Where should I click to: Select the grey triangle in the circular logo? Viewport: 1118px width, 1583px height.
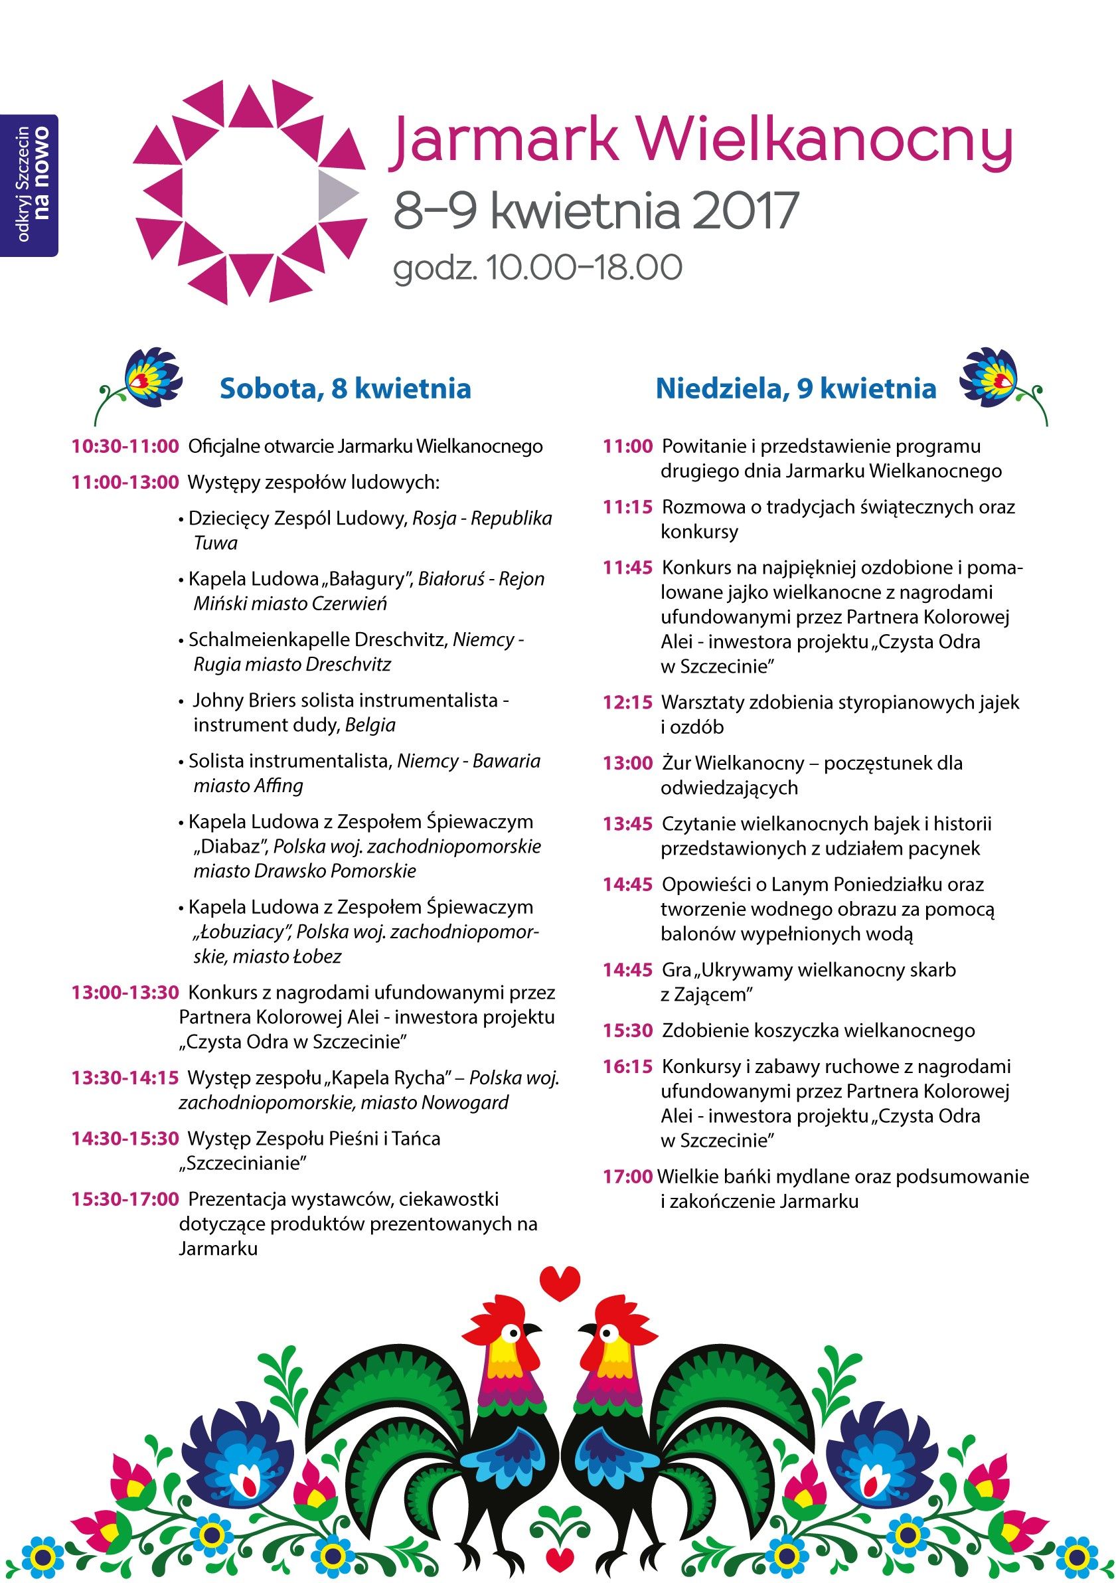[x=335, y=192]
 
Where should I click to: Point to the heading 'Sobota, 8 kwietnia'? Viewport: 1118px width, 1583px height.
[x=345, y=389]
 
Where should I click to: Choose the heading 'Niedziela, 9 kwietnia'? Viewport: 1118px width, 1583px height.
[x=795, y=389]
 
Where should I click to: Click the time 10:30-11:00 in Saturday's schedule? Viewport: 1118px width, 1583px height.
[x=125, y=447]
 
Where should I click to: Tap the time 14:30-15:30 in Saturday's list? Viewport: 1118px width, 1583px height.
[x=125, y=1138]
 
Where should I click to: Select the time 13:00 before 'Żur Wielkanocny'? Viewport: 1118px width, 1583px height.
[x=627, y=763]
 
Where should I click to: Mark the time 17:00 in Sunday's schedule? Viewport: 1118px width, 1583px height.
[x=627, y=1177]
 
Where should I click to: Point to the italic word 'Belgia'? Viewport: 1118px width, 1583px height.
[x=370, y=725]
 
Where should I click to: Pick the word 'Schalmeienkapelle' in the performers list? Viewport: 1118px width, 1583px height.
[x=269, y=640]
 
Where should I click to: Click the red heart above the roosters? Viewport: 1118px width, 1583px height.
[x=559, y=1282]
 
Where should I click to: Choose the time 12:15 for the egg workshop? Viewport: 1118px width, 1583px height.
[x=627, y=703]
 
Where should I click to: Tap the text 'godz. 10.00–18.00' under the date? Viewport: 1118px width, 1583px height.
[x=538, y=268]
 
